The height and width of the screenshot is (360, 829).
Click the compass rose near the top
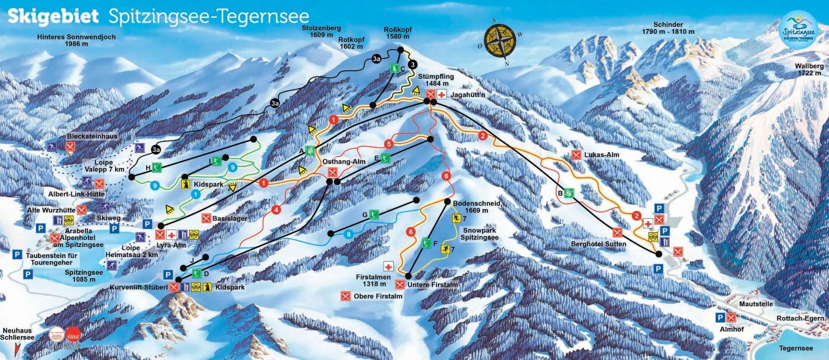pos(500,42)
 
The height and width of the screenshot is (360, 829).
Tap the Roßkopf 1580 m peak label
pos(397,33)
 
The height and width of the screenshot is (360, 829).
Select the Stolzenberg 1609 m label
pos(321,31)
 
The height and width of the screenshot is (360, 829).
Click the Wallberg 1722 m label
pos(809,69)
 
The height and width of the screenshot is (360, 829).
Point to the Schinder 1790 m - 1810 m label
pos(668,28)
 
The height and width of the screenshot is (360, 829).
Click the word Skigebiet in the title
pos(53,17)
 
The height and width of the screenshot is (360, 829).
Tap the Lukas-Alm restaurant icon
pos(576,155)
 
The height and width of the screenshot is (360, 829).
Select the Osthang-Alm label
pos(344,162)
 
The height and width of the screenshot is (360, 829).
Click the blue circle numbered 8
pos(348,234)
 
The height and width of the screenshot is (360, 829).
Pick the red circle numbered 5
pos(389,144)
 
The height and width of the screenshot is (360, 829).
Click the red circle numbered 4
pos(276,210)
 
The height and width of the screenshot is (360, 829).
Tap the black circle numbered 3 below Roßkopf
pos(412,65)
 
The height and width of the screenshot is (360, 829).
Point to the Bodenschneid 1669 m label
pos(476,207)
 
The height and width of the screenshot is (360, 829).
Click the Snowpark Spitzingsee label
pos(479,234)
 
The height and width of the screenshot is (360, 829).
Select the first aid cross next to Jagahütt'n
pos(442,94)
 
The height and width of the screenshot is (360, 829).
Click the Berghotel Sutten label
pos(598,244)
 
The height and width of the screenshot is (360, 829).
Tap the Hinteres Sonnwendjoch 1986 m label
pos(76,40)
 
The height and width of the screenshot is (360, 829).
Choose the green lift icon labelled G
pos(374,214)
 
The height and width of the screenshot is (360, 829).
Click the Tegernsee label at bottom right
pos(796,348)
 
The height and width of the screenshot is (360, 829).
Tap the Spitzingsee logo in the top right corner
pos(799,30)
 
